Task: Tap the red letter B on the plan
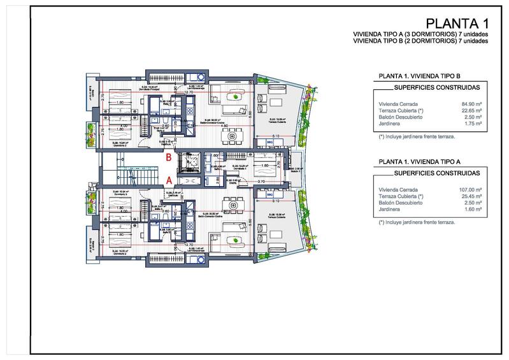[168, 156]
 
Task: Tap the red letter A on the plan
[168, 180]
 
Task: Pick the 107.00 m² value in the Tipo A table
[470, 190]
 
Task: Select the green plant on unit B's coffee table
[237, 97]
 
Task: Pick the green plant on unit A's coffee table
[237, 240]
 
